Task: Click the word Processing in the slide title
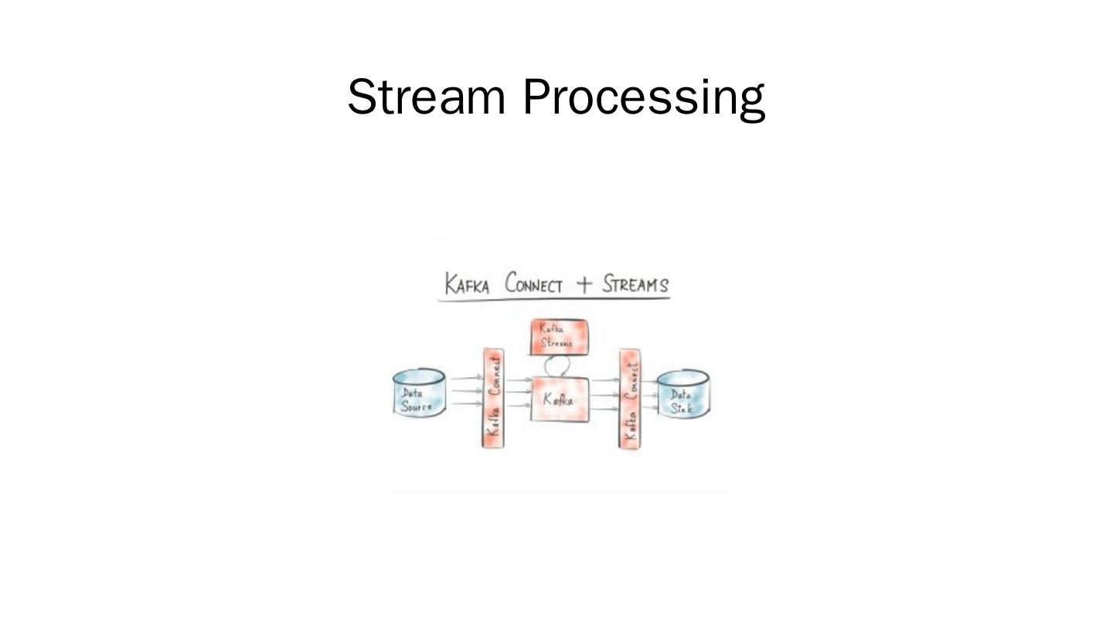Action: (644, 99)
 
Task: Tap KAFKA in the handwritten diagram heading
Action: (467, 284)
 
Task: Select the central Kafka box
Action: (560, 400)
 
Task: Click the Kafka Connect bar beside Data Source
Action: (493, 399)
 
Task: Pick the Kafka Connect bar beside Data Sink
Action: (630, 399)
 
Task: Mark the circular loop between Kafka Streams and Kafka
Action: (557, 366)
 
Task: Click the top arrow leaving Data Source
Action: (465, 379)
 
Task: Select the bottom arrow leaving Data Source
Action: (465, 403)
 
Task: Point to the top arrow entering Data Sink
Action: (649, 383)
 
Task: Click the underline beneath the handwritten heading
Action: (553, 299)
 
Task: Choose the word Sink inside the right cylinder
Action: (682, 408)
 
